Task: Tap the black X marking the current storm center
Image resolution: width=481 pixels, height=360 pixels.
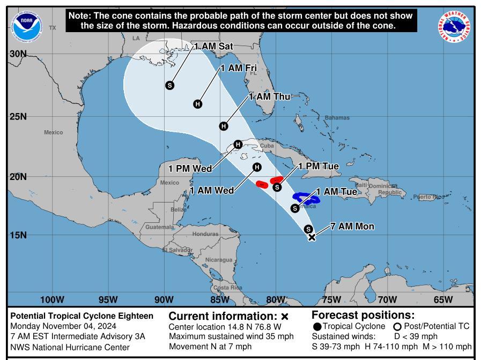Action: [x=312, y=237]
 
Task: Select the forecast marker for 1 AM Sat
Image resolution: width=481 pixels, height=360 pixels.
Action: [x=170, y=85]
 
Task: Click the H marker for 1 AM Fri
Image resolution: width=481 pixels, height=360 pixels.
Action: [x=198, y=104]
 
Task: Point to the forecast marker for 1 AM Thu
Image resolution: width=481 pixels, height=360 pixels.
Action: [x=224, y=126]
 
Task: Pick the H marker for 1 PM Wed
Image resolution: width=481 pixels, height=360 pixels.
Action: [x=238, y=144]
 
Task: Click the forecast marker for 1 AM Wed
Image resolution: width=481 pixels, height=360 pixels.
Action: [x=257, y=167]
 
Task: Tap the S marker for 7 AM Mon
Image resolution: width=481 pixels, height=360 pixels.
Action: [x=308, y=229]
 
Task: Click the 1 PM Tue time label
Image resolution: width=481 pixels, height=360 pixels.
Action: [x=319, y=167]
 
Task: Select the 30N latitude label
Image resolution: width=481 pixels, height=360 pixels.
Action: [x=18, y=54]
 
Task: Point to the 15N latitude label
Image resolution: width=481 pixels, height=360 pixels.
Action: [x=18, y=235]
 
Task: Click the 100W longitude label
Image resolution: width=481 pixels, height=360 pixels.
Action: [x=52, y=299]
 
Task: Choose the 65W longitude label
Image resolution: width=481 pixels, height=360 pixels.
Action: [x=443, y=299]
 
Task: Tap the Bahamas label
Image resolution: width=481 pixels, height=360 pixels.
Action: [x=337, y=118]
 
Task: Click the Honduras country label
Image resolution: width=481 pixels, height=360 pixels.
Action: [x=205, y=234]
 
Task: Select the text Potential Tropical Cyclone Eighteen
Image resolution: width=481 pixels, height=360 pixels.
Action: [x=82, y=316]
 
